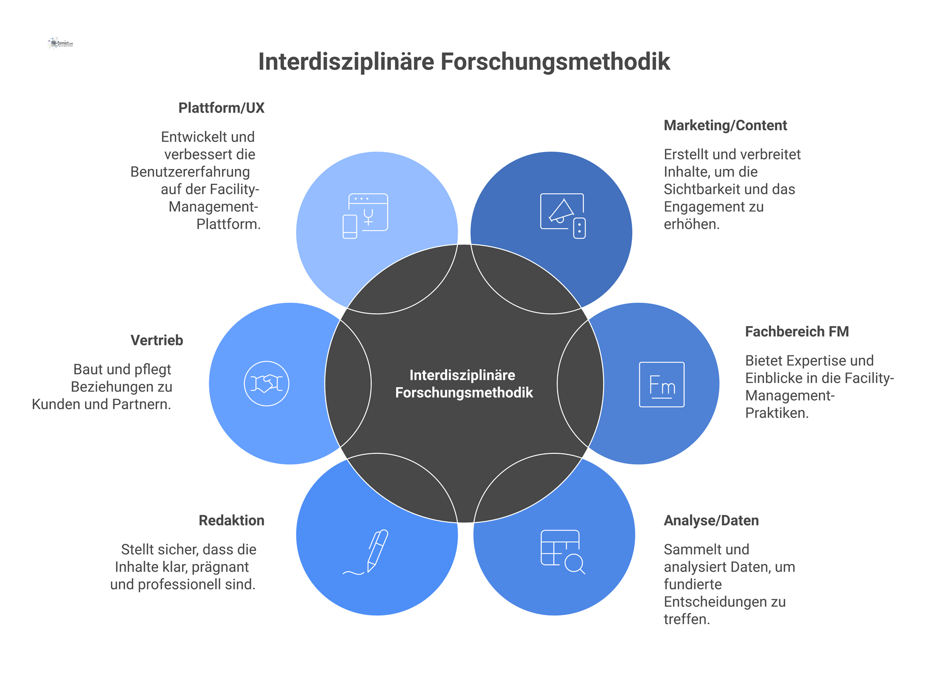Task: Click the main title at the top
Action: tap(463, 62)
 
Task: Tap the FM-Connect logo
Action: tap(61, 43)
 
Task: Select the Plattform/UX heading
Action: tap(221, 108)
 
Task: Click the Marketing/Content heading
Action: tap(725, 126)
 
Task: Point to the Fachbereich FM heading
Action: tap(797, 332)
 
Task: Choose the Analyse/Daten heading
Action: tap(711, 520)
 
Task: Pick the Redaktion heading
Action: tap(231, 520)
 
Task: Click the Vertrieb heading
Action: tap(157, 340)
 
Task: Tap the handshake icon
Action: tap(267, 383)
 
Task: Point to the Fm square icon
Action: tap(661, 384)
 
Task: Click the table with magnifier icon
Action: tap(562, 552)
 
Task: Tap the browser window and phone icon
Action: tap(365, 216)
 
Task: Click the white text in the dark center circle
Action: tap(463, 384)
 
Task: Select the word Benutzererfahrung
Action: tap(190, 172)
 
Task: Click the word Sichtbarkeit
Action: tap(698, 189)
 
